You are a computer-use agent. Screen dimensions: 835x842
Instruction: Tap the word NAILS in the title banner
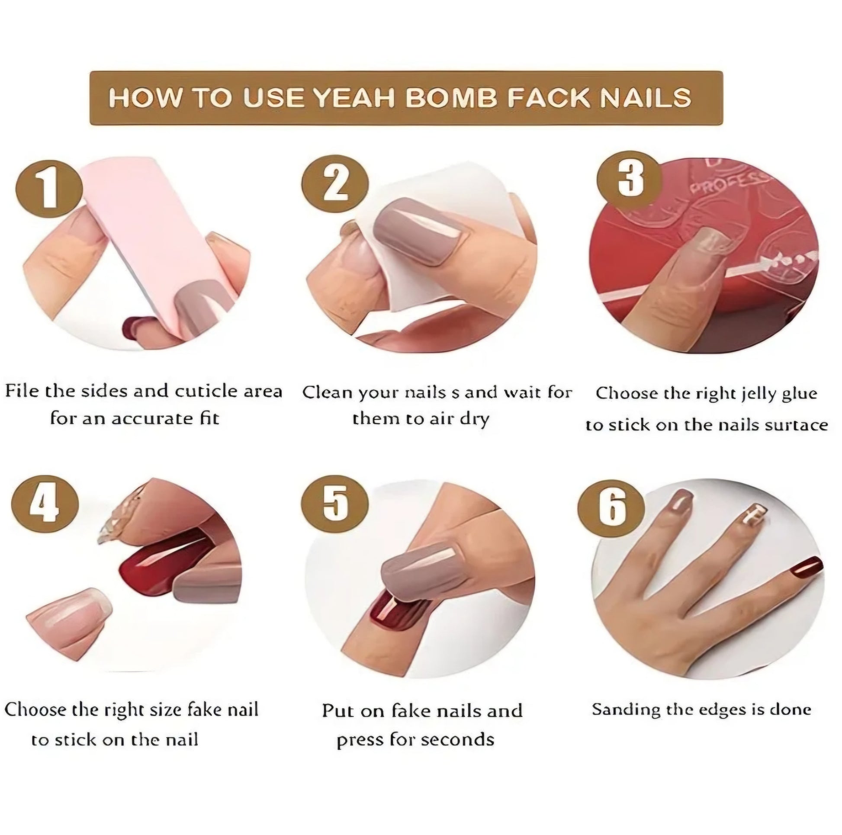click(x=645, y=98)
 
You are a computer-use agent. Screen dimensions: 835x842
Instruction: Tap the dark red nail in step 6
click(x=807, y=570)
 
